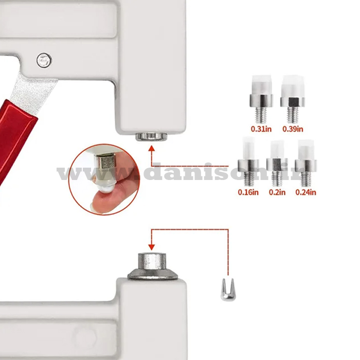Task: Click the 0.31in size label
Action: [x=261, y=129]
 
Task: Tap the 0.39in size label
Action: [x=293, y=129]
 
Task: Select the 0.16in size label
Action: [x=248, y=192]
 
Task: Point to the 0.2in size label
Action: [x=277, y=192]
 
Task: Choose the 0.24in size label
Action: [x=305, y=192]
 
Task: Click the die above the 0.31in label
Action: [x=261, y=99]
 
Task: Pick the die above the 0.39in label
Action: [x=293, y=99]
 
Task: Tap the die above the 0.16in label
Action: [x=248, y=162]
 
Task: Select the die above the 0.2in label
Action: [x=277, y=163]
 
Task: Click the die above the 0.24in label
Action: [x=305, y=163]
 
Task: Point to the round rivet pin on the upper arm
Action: [x=44, y=60]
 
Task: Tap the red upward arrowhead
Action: [x=151, y=148]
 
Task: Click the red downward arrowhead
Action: [x=151, y=247]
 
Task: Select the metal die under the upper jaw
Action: [x=151, y=137]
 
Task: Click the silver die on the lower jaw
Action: [x=152, y=266]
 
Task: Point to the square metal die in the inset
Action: [x=104, y=162]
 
